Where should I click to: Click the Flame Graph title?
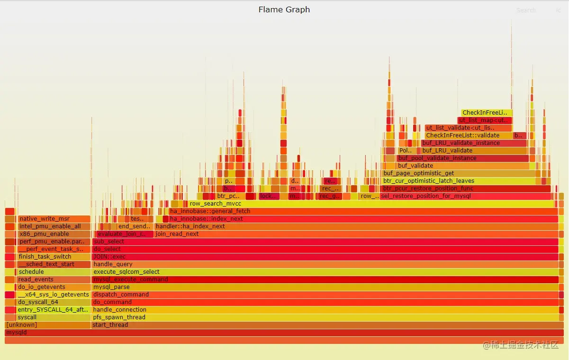(284, 9)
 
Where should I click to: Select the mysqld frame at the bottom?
(284, 333)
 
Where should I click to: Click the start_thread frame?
(325, 325)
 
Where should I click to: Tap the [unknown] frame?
(47, 325)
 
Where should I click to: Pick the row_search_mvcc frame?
(370, 204)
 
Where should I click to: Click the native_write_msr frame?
(54, 219)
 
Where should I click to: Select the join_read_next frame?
(355, 234)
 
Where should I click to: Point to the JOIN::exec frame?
(325, 257)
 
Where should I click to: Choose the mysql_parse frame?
(325, 287)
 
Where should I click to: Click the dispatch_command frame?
(325, 295)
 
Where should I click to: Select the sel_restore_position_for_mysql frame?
(467, 196)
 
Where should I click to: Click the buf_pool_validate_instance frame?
(462, 158)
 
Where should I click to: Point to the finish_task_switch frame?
(54, 257)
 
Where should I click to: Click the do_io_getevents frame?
(54, 287)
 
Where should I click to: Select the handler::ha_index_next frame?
(355, 226)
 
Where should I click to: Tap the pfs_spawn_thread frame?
(325, 317)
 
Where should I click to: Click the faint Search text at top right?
(526, 10)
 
